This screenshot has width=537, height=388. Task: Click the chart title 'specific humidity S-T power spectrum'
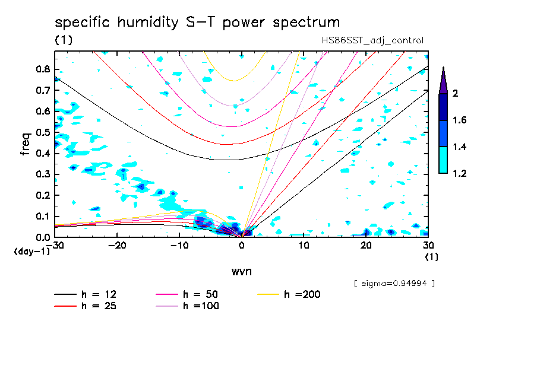(x=197, y=23)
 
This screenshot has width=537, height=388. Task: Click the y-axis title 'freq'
(x=26, y=144)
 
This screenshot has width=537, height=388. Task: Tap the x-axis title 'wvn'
(x=241, y=271)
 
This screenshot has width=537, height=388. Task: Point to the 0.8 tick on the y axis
(x=42, y=69)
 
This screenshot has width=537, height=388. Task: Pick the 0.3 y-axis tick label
(x=42, y=174)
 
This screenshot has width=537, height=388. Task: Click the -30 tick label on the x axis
(x=55, y=245)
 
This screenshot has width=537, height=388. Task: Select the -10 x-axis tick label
(x=179, y=245)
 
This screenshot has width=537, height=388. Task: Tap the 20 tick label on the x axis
(x=367, y=245)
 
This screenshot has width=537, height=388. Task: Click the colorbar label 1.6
(x=460, y=120)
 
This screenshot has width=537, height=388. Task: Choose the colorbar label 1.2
(x=460, y=174)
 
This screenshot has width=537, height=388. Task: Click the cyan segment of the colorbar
(x=443, y=160)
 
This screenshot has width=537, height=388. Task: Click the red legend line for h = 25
(x=65, y=306)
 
